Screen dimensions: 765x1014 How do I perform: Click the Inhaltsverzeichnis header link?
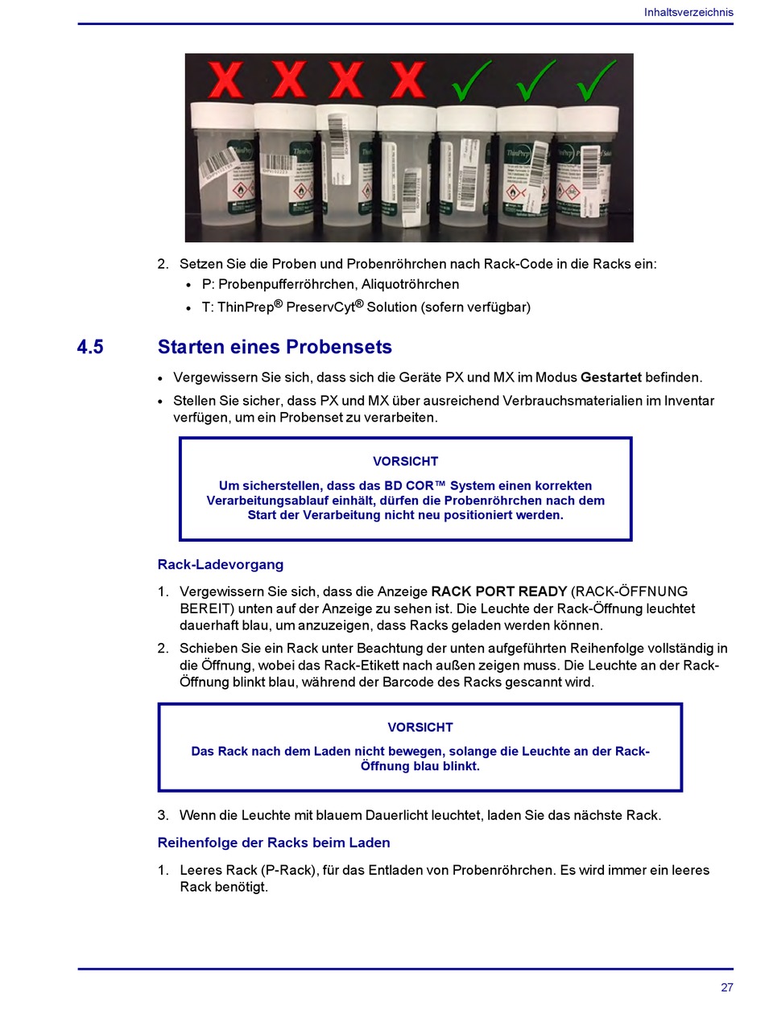(x=688, y=12)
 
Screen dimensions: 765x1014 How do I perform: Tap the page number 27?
(x=726, y=987)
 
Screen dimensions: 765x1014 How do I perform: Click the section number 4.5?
(x=90, y=347)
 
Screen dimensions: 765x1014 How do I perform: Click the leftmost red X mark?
(x=225, y=80)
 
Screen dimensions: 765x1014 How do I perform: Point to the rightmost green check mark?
(x=596, y=80)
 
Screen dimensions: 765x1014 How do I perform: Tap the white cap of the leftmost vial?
(x=222, y=116)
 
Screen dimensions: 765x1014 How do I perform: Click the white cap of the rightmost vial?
(x=588, y=119)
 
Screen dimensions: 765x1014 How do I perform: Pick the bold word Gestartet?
(x=610, y=377)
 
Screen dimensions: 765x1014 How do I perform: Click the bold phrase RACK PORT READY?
(x=498, y=591)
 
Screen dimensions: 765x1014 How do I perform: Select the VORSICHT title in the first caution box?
(x=405, y=461)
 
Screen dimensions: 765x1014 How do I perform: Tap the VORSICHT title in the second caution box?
(x=420, y=728)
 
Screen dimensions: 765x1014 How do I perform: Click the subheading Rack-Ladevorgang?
(x=221, y=564)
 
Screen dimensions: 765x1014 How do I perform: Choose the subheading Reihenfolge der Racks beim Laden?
(x=274, y=843)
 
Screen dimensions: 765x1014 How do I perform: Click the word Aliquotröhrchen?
(x=410, y=284)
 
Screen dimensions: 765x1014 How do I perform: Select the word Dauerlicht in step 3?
(x=396, y=815)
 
